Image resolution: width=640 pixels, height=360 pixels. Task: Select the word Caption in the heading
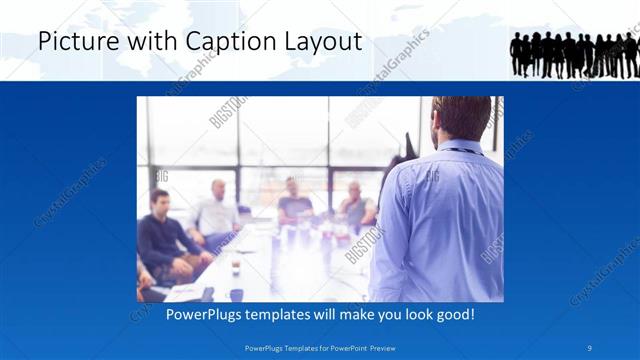pos(222,43)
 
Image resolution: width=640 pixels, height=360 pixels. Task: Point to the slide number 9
pos(591,348)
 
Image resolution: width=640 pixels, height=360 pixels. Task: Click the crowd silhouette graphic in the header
pos(574,54)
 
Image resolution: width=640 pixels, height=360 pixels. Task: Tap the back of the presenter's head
pos(462,119)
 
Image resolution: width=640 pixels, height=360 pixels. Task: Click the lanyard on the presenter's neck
pos(460,150)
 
